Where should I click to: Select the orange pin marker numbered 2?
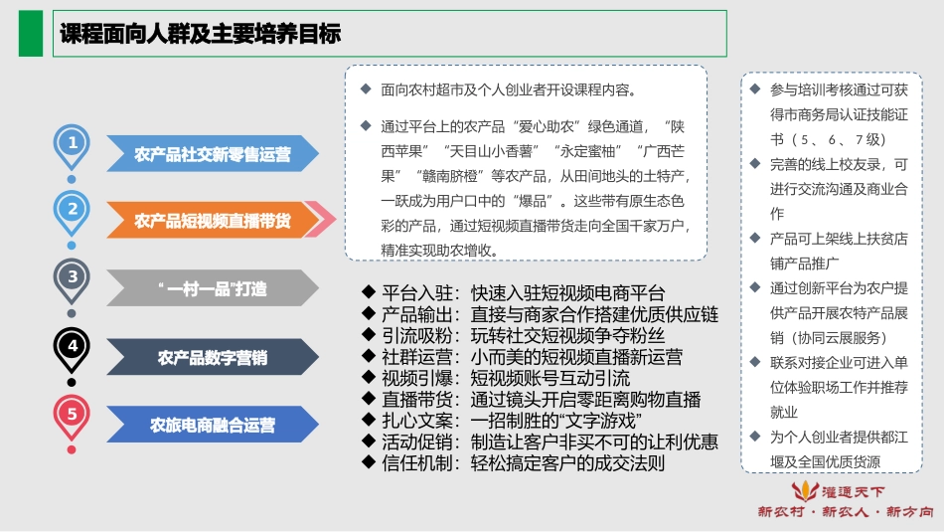point(72,210)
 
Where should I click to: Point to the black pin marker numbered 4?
point(72,346)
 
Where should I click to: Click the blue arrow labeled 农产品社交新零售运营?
point(213,154)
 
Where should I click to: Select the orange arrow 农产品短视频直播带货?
point(213,221)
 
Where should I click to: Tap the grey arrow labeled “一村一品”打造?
point(213,289)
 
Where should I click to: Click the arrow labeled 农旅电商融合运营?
point(213,426)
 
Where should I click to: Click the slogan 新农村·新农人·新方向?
point(845,512)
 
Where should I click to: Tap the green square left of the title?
point(36,35)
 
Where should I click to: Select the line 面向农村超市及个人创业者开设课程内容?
point(508,89)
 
